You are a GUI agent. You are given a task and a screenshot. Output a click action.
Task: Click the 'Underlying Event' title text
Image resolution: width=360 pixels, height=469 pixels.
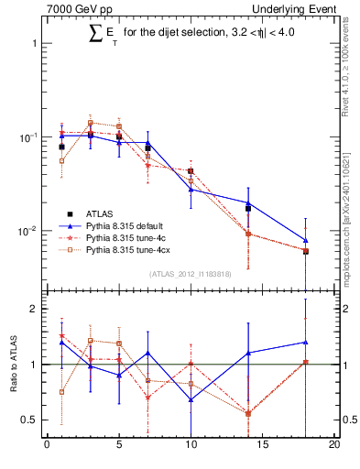pos(298,8)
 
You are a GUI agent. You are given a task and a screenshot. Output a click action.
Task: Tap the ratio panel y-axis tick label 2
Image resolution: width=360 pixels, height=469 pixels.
pos(34,310)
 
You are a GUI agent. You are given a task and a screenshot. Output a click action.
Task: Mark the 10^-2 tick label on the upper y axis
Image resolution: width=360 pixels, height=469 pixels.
pos(27,231)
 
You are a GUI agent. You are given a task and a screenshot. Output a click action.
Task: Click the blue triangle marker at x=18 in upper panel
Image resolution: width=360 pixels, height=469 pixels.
pos(306,240)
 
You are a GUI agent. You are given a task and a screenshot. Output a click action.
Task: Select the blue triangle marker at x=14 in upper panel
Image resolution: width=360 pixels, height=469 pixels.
pos(248,202)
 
